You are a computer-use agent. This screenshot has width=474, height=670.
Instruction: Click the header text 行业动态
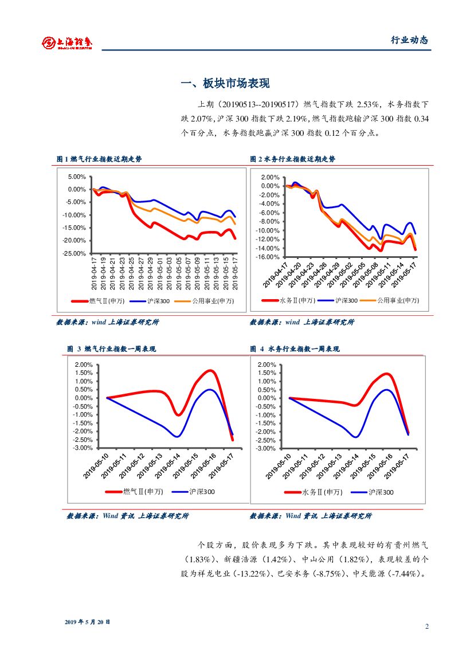pyautogui.click(x=409, y=40)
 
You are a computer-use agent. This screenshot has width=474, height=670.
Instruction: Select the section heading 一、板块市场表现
pyautogui.click(x=225, y=84)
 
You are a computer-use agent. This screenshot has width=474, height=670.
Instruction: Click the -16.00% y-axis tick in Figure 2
pyautogui.click(x=268, y=257)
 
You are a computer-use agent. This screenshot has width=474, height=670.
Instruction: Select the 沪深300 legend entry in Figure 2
pyautogui.click(x=346, y=301)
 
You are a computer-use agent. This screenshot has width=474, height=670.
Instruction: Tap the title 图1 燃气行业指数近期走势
pyautogui.click(x=99, y=159)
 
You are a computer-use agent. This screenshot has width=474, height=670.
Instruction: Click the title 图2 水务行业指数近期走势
pyautogui.click(x=293, y=159)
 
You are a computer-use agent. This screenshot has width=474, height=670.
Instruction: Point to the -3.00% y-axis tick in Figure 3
pyautogui.click(x=83, y=448)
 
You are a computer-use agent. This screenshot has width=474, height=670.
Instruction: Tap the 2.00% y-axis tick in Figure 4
pyautogui.click(x=267, y=365)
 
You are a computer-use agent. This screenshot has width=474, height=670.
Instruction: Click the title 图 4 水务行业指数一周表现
pyautogui.click(x=295, y=348)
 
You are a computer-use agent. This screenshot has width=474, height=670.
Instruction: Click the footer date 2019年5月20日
pyautogui.click(x=87, y=622)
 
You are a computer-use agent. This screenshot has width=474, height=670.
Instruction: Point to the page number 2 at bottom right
pyautogui.click(x=426, y=626)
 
